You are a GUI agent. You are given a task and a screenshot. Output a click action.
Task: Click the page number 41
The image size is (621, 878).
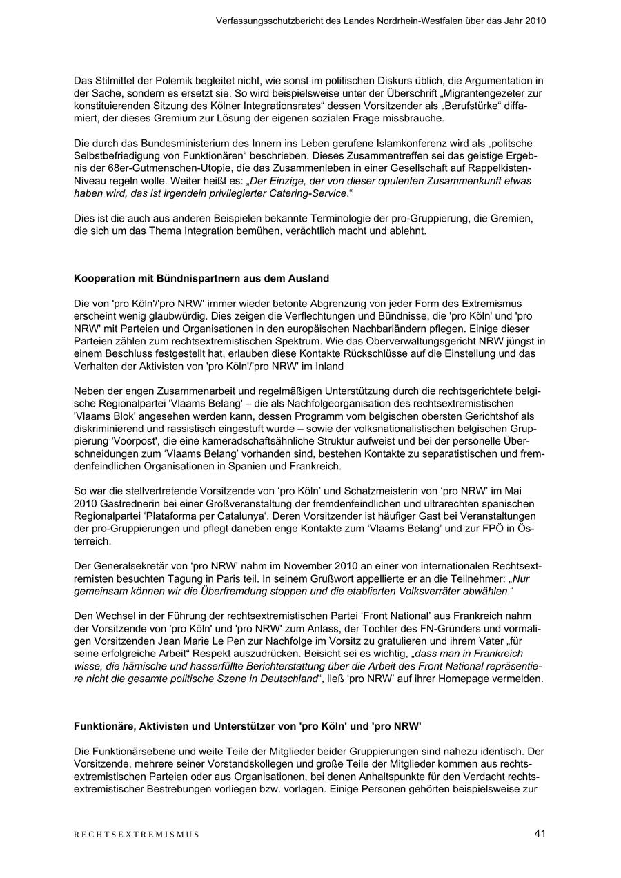[540, 833]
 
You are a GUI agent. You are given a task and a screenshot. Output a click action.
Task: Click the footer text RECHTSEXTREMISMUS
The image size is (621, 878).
[137, 835]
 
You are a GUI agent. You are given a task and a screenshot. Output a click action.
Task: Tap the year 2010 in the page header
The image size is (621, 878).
[535, 21]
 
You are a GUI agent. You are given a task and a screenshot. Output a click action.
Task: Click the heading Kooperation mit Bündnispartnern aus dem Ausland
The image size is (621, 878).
[201, 279]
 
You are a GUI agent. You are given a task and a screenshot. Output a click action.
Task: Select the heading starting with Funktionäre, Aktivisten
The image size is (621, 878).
[248, 726]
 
